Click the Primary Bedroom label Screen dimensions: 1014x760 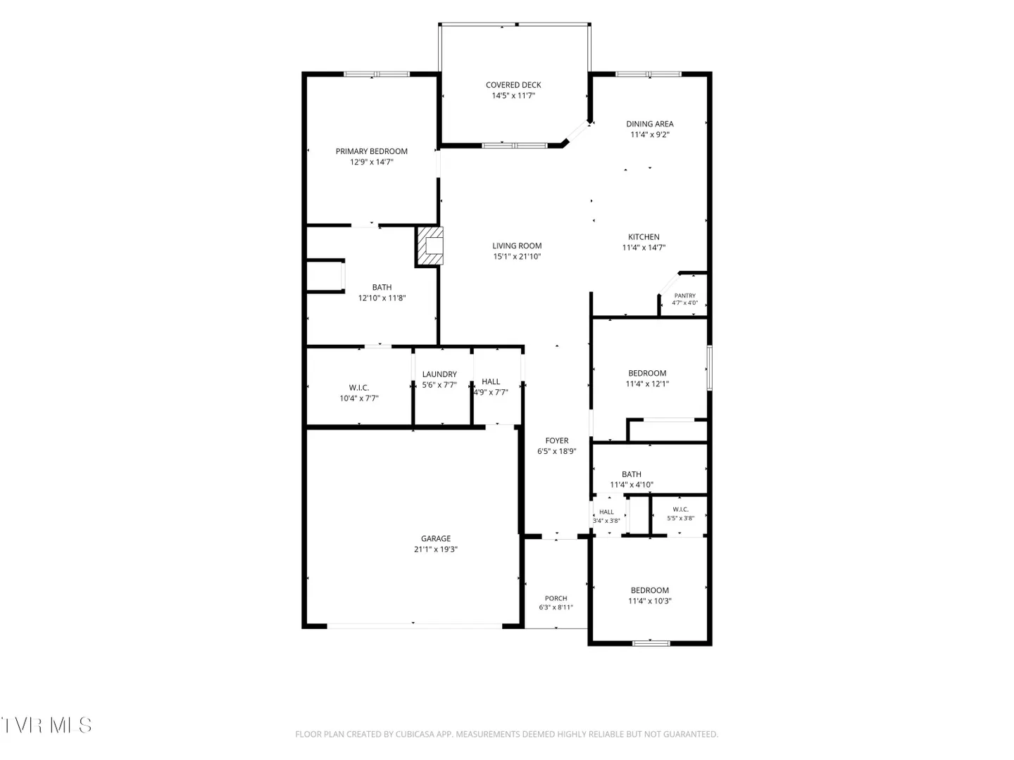(371, 151)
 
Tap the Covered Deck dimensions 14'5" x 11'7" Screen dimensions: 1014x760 (513, 96)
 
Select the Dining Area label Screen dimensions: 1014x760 (649, 124)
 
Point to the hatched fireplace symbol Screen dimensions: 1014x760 (430, 246)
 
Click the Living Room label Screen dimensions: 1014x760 (517, 246)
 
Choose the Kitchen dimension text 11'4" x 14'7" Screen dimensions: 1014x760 (644, 248)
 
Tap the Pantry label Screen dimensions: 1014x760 (684, 296)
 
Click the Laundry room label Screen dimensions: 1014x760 (439, 374)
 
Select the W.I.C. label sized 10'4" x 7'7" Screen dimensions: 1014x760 (359, 388)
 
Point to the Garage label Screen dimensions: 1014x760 (436, 538)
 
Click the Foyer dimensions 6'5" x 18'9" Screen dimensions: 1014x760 (557, 451)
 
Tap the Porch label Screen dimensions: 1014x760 (556, 598)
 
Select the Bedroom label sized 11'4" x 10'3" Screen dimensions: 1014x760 (649, 590)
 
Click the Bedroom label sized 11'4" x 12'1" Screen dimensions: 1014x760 (647, 373)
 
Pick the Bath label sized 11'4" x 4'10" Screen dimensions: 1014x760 (632, 474)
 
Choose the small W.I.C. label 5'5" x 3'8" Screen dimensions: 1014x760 (680, 509)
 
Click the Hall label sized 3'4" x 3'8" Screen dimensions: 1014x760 (606, 512)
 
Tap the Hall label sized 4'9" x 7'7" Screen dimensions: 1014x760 (491, 381)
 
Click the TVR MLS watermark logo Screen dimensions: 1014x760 (46, 726)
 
